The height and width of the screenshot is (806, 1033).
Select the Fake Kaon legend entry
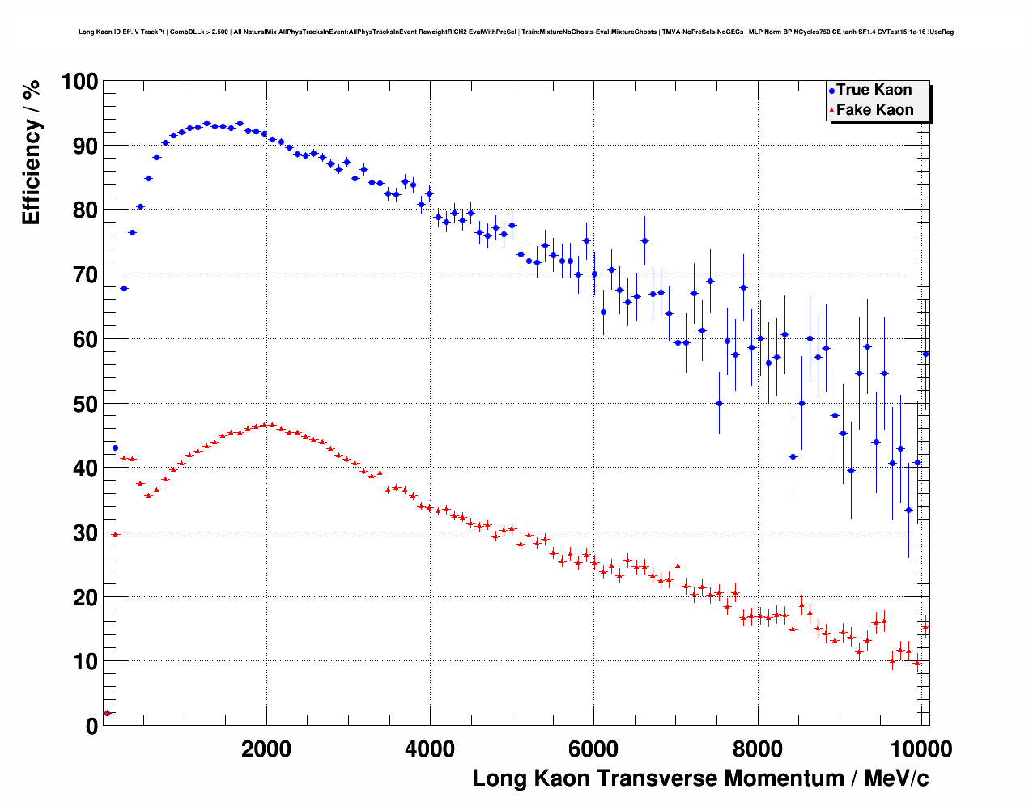[x=874, y=110]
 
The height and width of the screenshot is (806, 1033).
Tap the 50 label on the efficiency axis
[x=79, y=404]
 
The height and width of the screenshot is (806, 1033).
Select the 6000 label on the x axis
[x=593, y=749]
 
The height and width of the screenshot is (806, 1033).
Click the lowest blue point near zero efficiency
[x=107, y=713]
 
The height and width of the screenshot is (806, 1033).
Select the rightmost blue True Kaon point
[x=925, y=354]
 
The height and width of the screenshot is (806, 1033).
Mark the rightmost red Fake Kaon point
[x=925, y=626]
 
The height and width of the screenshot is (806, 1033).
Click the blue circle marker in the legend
[x=831, y=91]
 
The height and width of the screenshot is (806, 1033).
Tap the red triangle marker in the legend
[x=831, y=111]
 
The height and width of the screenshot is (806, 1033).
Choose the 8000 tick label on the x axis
[x=757, y=749]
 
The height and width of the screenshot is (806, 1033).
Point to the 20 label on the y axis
[x=79, y=597]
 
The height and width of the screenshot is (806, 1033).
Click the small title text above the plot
[x=516, y=32]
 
